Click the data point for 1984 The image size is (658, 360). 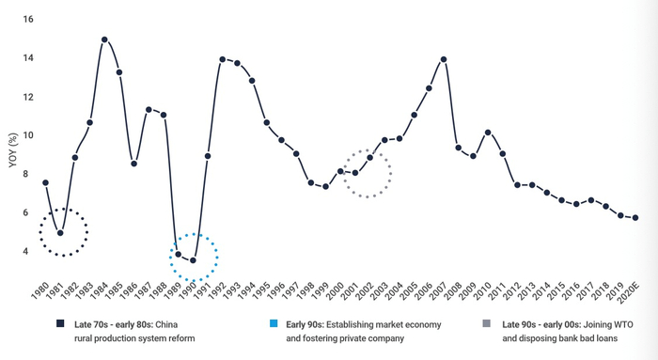104,40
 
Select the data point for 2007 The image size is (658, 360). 443,59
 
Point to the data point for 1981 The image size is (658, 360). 60,233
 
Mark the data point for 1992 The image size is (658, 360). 223,59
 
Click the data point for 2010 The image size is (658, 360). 487,133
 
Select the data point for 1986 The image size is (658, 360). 133,164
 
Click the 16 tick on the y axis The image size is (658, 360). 28,20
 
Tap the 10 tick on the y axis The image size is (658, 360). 28,135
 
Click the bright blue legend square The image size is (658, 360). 274,323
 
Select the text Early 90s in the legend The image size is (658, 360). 305,323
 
